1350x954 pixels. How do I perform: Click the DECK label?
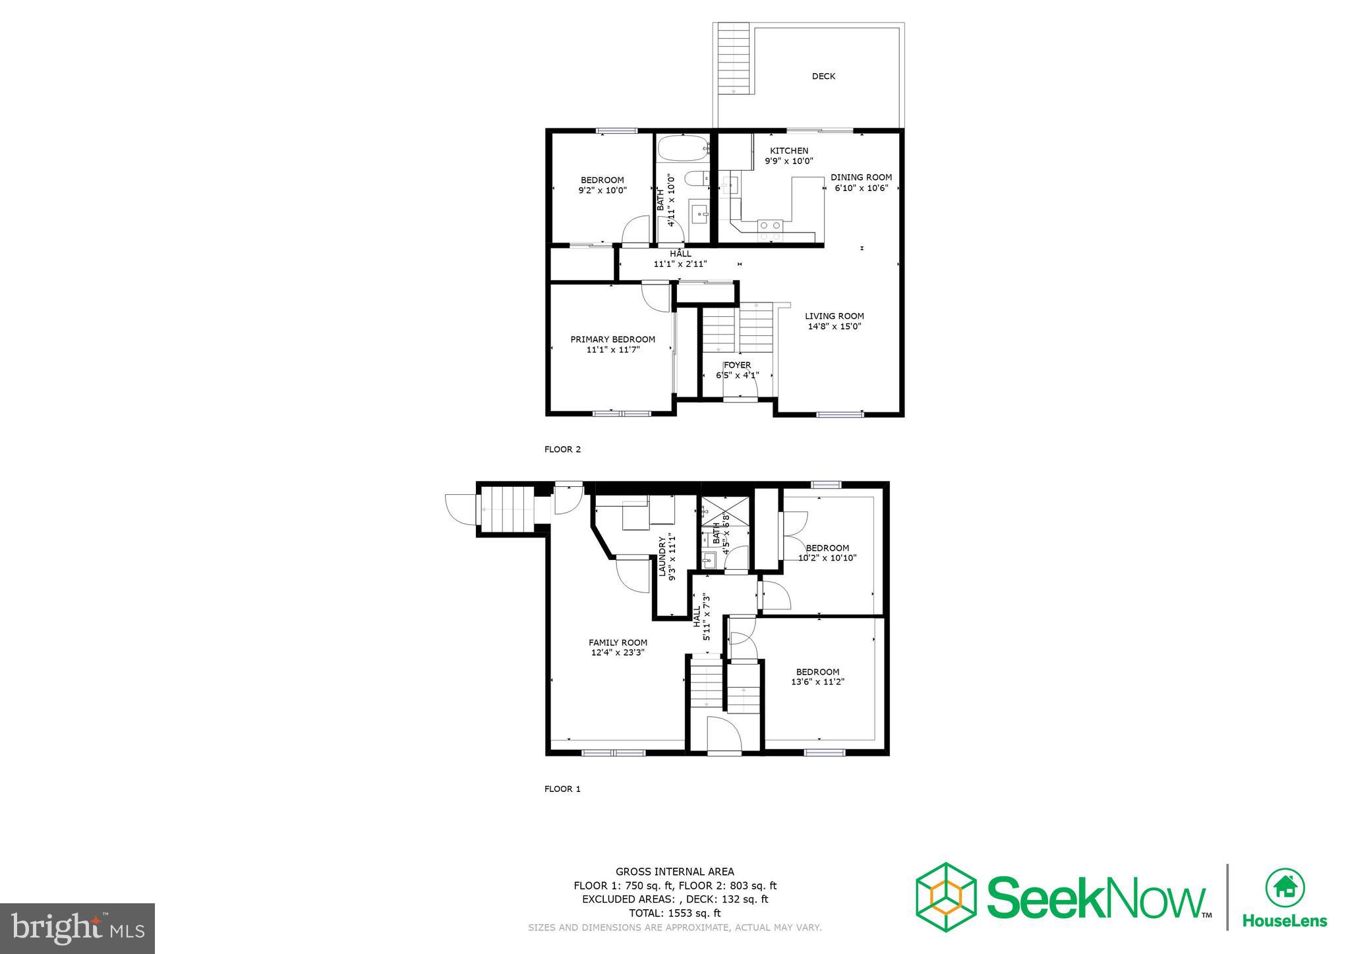coord(823,76)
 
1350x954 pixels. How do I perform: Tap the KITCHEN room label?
coord(789,151)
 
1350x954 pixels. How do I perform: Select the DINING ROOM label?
coord(861,177)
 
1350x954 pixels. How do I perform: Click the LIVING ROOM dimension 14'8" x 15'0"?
coord(835,326)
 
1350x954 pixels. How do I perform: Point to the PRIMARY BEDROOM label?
coord(612,339)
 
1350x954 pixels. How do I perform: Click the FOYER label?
coord(737,365)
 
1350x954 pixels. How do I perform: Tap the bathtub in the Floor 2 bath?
coord(683,148)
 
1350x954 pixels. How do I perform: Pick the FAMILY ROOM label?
coord(618,642)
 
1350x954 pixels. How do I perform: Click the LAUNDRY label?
coord(662,557)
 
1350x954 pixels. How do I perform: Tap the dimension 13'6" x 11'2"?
coord(817,682)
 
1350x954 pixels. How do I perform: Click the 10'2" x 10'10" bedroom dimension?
coord(827,557)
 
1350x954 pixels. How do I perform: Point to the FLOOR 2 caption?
coord(562,449)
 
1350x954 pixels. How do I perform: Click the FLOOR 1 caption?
coord(562,789)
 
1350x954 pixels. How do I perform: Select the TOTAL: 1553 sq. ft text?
coord(674,913)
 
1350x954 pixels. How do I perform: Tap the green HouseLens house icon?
coord(1285,887)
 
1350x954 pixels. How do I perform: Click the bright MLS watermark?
coord(78,928)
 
